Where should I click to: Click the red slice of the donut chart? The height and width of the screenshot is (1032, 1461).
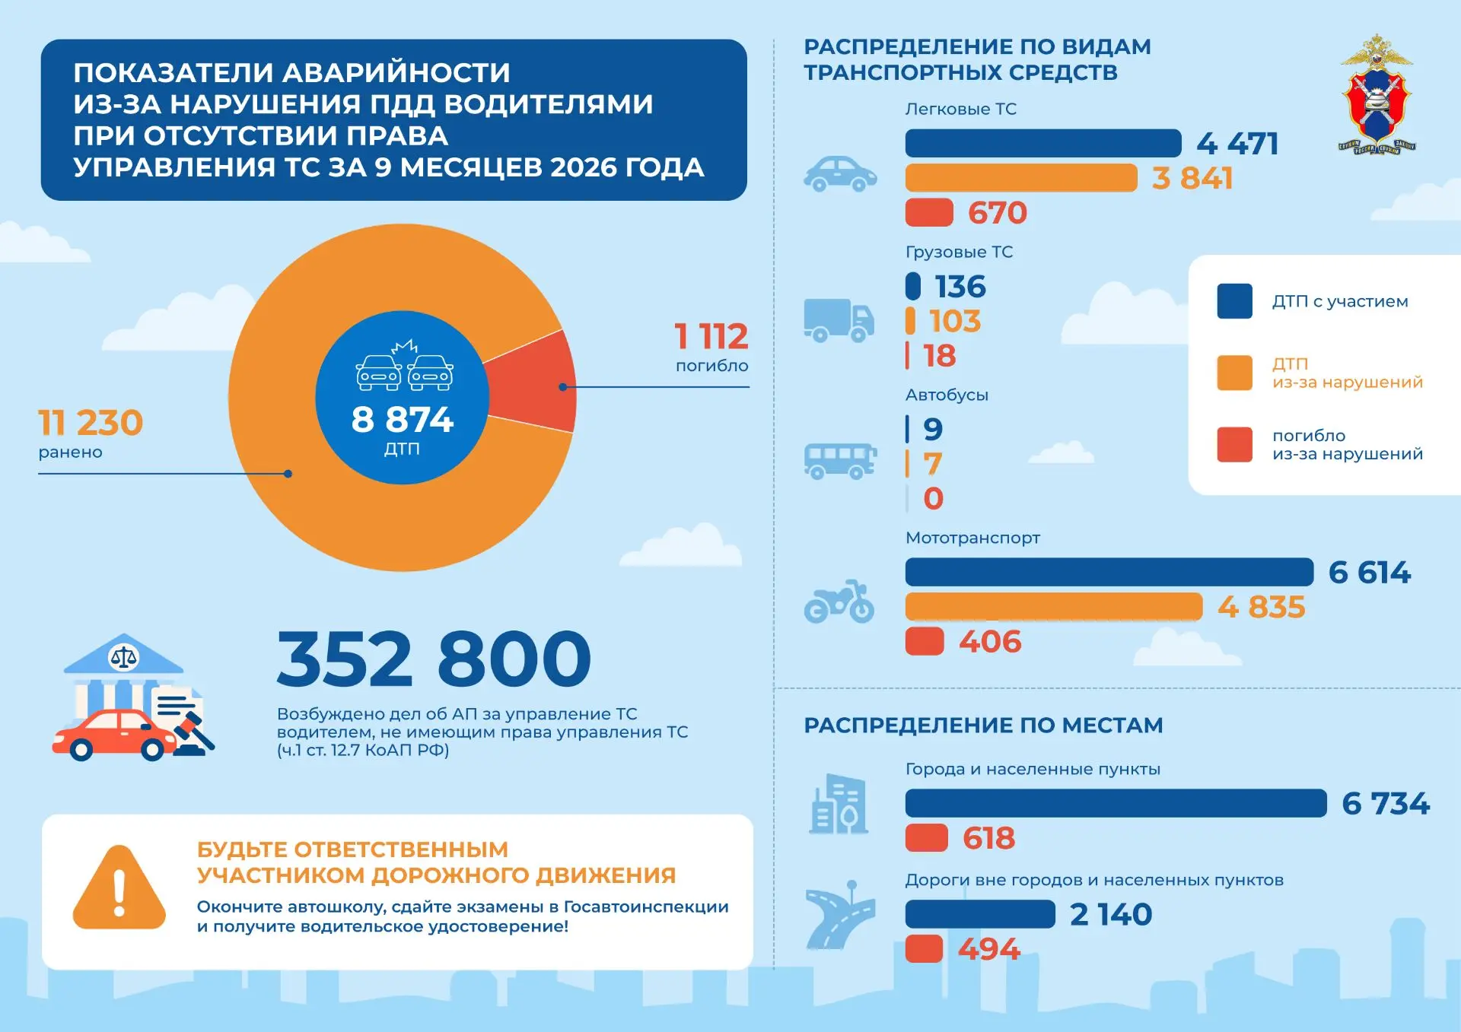[x=533, y=384]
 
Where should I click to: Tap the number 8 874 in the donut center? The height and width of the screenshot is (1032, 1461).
[x=403, y=420]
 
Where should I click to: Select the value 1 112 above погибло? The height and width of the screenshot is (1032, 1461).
[x=711, y=336]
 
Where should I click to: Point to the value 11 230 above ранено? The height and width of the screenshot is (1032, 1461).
[x=91, y=423]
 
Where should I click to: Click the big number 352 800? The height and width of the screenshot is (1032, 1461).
[x=434, y=659]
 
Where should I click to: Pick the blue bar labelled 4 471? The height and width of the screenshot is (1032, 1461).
[x=1043, y=144]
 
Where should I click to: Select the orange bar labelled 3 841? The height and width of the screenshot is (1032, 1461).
[x=1021, y=178]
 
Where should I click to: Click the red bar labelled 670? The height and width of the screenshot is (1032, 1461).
[x=929, y=213]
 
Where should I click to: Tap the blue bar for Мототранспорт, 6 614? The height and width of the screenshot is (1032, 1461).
[x=1109, y=572]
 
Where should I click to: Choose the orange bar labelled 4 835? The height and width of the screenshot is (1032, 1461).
[x=1054, y=607]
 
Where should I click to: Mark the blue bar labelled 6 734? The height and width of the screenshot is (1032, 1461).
[x=1116, y=803]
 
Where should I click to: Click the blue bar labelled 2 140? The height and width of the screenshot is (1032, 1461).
[x=980, y=914]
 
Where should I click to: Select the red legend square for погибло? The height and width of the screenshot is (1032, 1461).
[x=1234, y=445]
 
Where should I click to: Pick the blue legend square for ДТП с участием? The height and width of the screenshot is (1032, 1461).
[x=1234, y=301]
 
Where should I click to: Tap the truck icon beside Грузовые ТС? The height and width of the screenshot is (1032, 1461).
[x=839, y=320]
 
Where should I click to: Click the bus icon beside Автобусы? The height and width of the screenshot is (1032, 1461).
[x=840, y=462]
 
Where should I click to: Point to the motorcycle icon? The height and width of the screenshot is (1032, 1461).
[x=839, y=602]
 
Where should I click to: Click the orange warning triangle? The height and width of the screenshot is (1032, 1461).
[x=119, y=888]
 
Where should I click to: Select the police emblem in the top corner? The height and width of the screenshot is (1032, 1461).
[x=1377, y=94]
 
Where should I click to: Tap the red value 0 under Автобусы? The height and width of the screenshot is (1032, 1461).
[x=933, y=499]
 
